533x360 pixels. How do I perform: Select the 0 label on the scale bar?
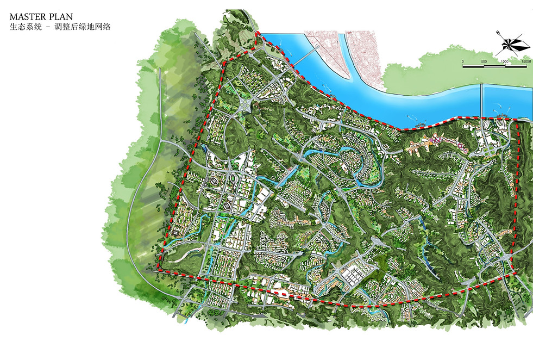coord(463,61)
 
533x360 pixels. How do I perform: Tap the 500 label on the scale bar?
coord(484,61)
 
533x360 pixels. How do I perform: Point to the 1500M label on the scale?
coord(524,61)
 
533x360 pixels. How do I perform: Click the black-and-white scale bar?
coord(495,66)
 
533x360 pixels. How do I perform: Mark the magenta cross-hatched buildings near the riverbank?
coord(435,142)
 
